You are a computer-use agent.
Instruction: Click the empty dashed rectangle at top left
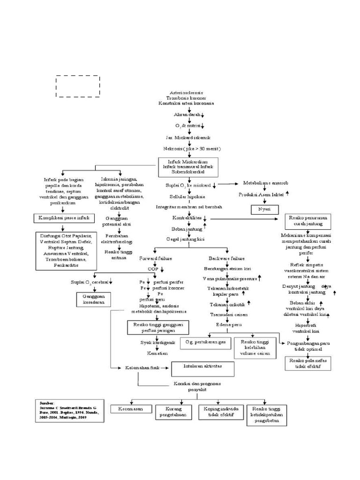pos(78,86)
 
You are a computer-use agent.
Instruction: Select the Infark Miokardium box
pos(187,166)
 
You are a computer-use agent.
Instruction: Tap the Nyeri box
pos(264,209)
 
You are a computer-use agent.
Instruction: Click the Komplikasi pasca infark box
pos(64,218)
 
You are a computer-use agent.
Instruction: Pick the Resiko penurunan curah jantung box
pos(308,221)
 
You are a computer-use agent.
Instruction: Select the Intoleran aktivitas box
pos(202,369)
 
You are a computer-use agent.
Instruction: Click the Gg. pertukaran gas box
pos(205,343)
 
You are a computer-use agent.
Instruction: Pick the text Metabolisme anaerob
pos(262,183)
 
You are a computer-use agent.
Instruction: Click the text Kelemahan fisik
pos(140,368)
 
